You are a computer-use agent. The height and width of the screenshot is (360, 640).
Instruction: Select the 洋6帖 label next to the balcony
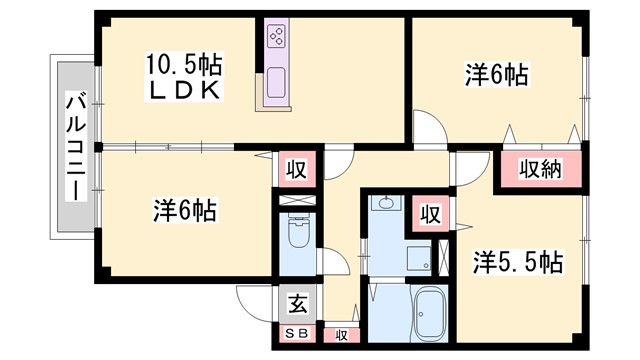pyautogui.click(x=186, y=211)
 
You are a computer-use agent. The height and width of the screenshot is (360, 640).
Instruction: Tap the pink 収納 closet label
pyautogui.click(x=540, y=169)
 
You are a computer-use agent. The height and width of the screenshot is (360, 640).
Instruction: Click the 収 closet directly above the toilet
pyautogui.click(x=297, y=168)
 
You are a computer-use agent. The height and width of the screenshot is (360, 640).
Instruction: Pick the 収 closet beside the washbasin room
pyautogui.click(x=430, y=213)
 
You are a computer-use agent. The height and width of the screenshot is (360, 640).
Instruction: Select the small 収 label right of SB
pyautogui.click(x=341, y=335)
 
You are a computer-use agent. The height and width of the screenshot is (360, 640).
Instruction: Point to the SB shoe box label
pyautogui.click(x=297, y=334)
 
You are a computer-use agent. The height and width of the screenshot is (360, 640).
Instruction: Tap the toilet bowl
pyautogui.click(x=297, y=237)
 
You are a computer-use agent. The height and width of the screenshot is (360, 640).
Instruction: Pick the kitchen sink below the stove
pyautogui.click(x=276, y=84)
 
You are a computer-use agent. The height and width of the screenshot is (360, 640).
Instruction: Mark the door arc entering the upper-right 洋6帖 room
pyautogui.click(x=428, y=126)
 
